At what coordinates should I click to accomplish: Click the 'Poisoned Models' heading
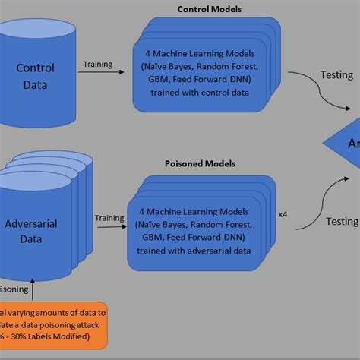point(199,163)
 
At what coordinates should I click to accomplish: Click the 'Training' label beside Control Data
point(99,64)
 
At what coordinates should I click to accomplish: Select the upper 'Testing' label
point(336,75)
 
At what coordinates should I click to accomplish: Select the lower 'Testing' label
point(341,221)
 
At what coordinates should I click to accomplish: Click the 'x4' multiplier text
point(283,215)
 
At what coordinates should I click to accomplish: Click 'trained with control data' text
point(198,93)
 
